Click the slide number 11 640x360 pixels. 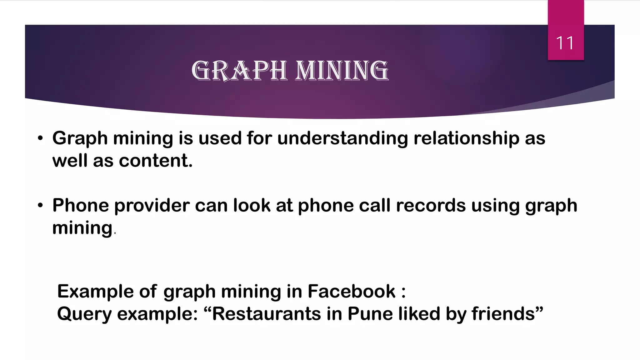pyautogui.click(x=565, y=43)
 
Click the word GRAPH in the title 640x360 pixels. pyautogui.click(x=239, y=71)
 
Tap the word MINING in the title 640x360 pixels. pyautogui.click(x=342, y=71)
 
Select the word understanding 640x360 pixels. pyautogui.click(x=342, y=138)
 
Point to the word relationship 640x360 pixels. pyautogui.click(x=466, y=138)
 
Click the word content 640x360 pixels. pyautogui.click(x=156, y=161)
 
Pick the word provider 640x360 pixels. pyautogui.click(x=152, y=206)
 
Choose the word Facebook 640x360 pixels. pyautogui.click(x=352, y=292)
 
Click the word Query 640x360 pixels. pyautogui.click(x=84, y=314)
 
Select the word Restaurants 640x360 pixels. pyautogui.click(x=266, y=314)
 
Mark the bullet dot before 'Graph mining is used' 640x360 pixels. pyautogui.click(x=40, y=138)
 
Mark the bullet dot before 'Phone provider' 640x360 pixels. pyautogui.click(x=40, y=206)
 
